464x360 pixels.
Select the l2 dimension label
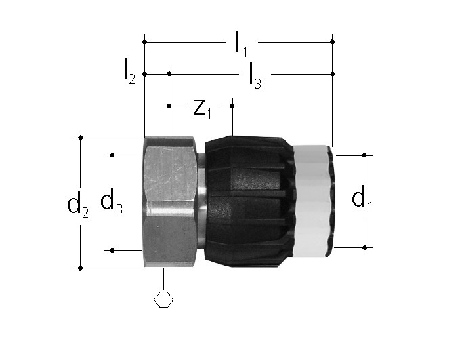tap(129, 71)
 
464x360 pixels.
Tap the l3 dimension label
tap(255, 76)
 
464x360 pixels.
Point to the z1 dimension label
tap(203, 108)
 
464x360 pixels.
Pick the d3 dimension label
tap(111, 201)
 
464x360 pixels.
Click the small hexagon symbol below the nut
tap(164, 299)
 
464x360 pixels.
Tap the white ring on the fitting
tap(312, 201)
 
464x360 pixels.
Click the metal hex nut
tap(170, 202)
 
